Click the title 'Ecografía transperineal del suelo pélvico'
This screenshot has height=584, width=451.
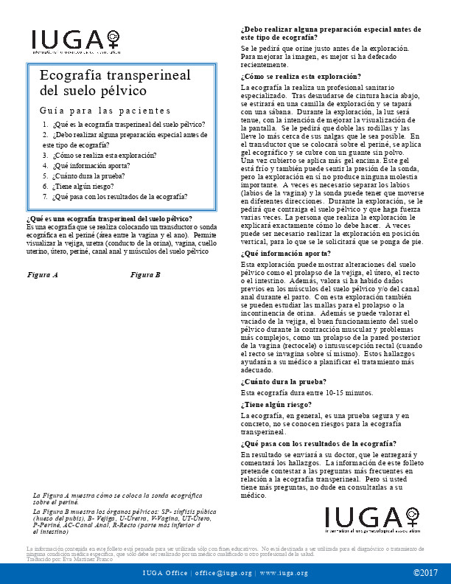coord(114,83)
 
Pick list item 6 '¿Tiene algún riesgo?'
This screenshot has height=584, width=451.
coord(82,187)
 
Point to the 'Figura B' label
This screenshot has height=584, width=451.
coord(145,274)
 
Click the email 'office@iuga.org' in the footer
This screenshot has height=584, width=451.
coord(223,573)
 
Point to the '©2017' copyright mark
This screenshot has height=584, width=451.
coord(426,573)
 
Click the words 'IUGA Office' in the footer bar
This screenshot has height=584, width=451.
coord(165,573)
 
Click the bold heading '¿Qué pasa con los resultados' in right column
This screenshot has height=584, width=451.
coord(318,444)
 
